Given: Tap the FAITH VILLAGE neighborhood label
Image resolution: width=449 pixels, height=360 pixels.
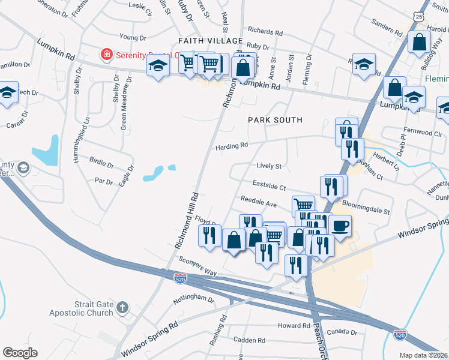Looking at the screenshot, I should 210,41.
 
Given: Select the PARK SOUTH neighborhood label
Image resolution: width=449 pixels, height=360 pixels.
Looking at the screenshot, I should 276,120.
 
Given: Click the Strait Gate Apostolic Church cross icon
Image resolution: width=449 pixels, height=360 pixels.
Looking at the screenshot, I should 122,308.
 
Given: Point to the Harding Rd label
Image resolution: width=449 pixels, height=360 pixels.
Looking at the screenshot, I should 232,146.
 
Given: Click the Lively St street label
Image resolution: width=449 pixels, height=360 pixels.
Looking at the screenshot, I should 268,166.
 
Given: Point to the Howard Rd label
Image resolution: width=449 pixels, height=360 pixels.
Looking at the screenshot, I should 293,325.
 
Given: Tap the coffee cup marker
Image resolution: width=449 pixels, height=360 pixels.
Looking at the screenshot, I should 340,226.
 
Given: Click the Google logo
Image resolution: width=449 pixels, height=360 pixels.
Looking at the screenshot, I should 20,353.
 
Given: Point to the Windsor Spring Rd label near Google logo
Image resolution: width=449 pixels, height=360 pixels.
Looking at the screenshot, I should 150,337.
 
